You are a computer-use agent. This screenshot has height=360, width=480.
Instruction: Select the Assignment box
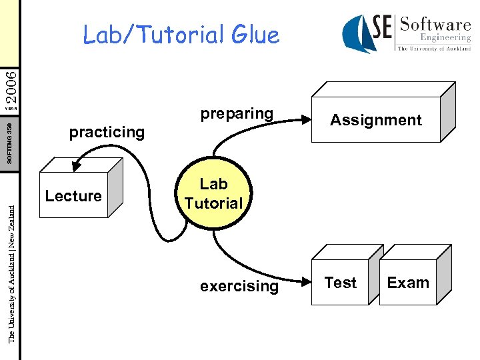click(376, 120)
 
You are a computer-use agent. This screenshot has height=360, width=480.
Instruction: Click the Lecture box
click(73, 196)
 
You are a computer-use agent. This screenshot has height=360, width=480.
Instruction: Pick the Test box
click(341, 283)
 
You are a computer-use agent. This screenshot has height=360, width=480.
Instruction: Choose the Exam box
click(408, 283)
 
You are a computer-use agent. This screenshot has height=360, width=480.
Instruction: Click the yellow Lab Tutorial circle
click(214, 193)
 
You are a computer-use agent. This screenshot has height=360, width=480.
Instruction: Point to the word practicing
click(107, 132)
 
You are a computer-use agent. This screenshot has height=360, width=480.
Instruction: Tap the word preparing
click(237, 114)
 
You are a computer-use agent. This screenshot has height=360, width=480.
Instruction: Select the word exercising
click(239, 286)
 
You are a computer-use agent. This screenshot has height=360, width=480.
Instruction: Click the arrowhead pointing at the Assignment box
click(309, 120)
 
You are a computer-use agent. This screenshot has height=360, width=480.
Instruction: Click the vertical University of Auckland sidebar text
click(11, 273)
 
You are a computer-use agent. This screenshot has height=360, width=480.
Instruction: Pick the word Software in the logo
click(435, 25)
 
